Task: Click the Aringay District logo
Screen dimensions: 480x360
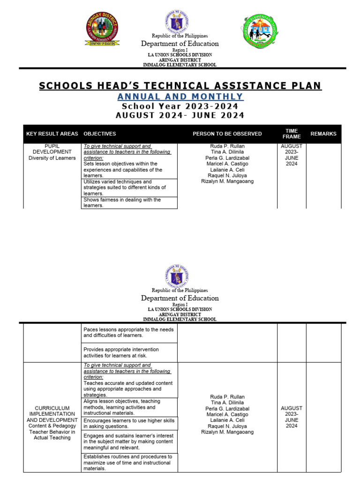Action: (102, 29)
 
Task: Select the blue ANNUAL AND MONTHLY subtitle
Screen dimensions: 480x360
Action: (180, 97)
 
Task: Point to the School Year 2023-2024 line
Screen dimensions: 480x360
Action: (180, 106)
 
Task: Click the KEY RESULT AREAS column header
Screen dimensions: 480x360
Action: (52, 134)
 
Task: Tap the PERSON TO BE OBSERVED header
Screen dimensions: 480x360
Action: (227, 134)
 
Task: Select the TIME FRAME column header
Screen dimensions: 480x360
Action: (292, 134)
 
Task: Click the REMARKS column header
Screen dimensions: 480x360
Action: (323, 134)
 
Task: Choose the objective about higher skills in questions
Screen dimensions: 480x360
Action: (129, 424)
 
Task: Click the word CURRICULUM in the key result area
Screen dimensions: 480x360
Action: (52, 408)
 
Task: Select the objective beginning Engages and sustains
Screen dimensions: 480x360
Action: (129, 442)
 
